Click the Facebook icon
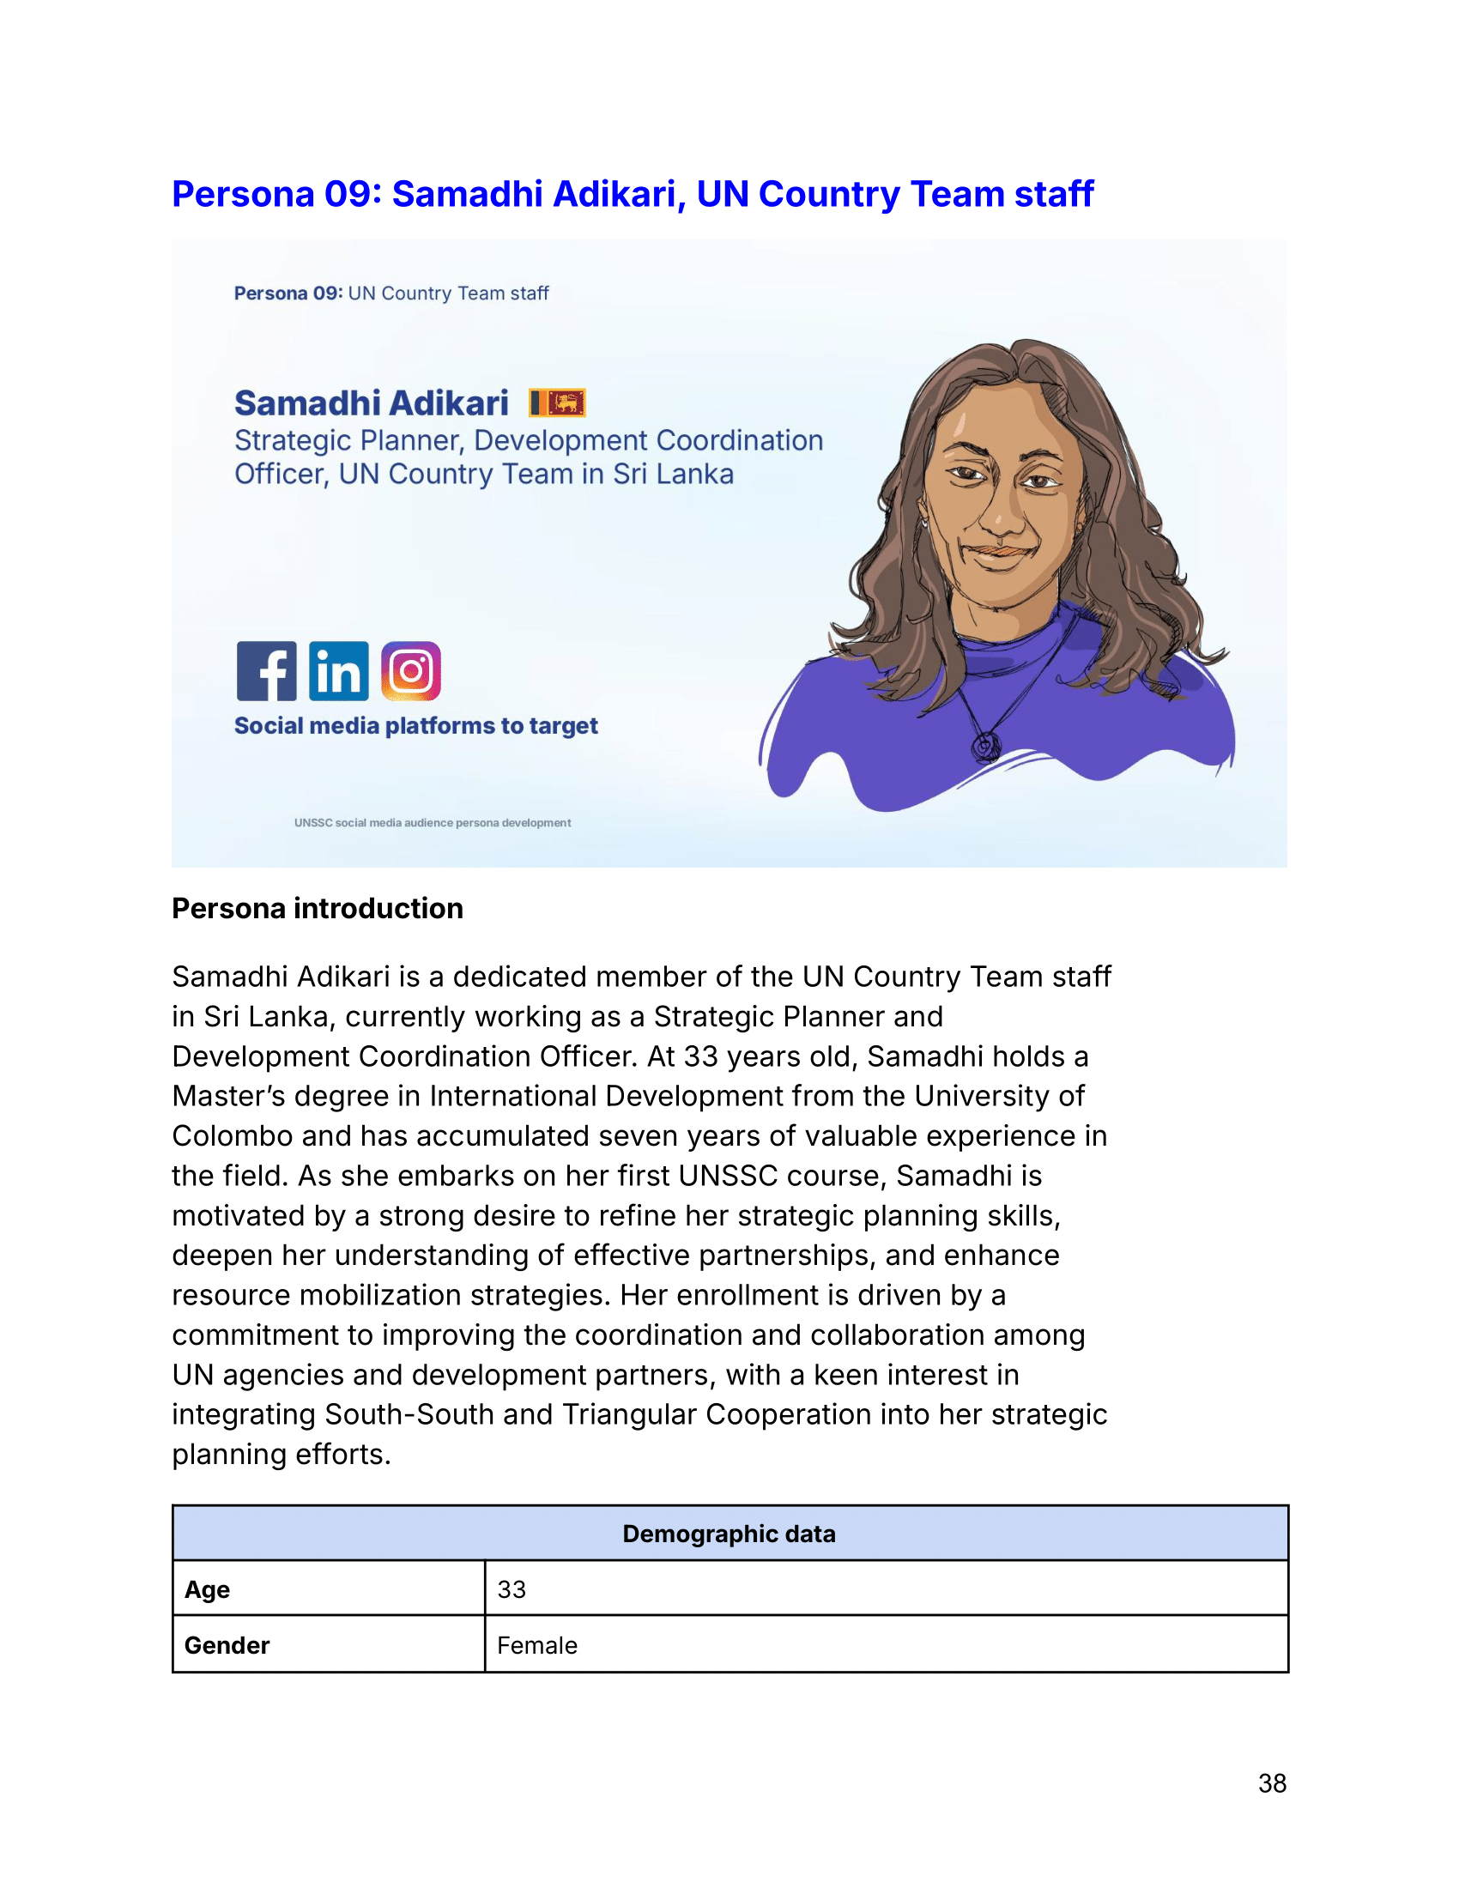pyautogui.click(x=266, y=671)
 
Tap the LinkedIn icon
pyautogui.click(x=339, y=671)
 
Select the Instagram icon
pyautogui.click(x=411, y=671)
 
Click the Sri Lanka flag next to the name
pyautogui.click(x=558, y=402)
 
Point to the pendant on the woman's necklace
pyautogui.click(x=986, y=745)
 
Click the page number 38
pyautogui.click(x=1271, y=1783)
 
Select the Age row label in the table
pyautogui.click(x=208, y=1589)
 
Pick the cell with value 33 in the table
pyautogui.click(x=512, y=1589)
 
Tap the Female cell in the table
pyautogui.click(x=536, y=1645)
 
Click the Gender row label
pyautogui.click(x=227, y=1645)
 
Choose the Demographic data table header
pyautogui.click(x=729, y=1534)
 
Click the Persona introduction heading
pyautogui.click(x=318, y=909)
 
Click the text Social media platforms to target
pyautogui.click(x=415, y=726)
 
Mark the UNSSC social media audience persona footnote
pyautogui.click(x=433, y=823)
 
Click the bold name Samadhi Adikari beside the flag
pyautogui.click(x=372, y=403)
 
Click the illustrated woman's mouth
pyautogui.click(x=1000, y=551)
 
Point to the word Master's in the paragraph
pyautogui.click(x=220, y=1096)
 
